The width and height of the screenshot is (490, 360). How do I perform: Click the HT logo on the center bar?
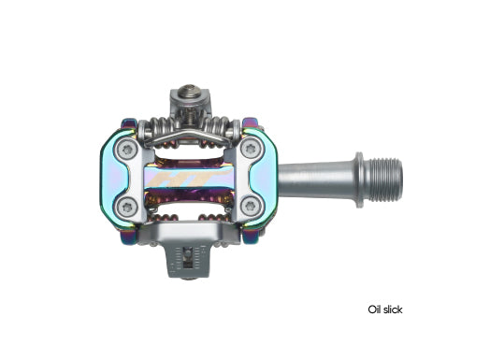[188, 177]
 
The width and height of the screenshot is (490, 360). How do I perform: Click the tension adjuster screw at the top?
[187, 95]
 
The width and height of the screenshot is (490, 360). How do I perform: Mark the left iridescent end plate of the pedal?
[114, 177]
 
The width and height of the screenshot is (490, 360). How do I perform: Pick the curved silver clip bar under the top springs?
[187, 137]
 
